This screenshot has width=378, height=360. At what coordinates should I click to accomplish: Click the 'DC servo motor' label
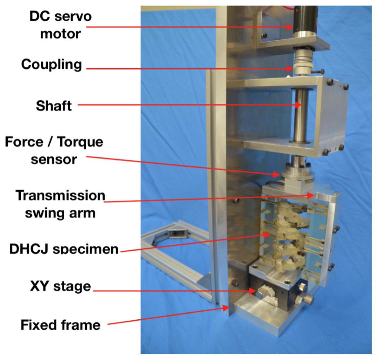[60, 25]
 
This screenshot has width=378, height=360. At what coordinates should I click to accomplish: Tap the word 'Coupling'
[52, 65]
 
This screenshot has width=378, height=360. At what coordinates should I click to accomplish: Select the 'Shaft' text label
[54, 105]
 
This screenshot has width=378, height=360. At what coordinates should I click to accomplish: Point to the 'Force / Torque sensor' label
[54, 150]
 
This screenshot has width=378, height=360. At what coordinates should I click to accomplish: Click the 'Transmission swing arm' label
[60, 204]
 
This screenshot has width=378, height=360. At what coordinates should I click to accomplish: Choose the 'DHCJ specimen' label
[64, 248]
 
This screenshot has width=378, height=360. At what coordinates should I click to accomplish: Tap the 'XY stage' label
[60, 286]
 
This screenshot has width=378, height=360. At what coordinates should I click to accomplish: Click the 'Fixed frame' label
[60, 325]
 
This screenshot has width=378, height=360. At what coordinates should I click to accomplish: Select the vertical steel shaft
[300, 116]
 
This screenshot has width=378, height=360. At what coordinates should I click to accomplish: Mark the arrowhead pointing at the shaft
[298, 105]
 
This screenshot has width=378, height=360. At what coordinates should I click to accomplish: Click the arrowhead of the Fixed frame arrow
[226, 308]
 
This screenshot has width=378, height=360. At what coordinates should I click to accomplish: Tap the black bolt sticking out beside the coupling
[319, 71]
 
